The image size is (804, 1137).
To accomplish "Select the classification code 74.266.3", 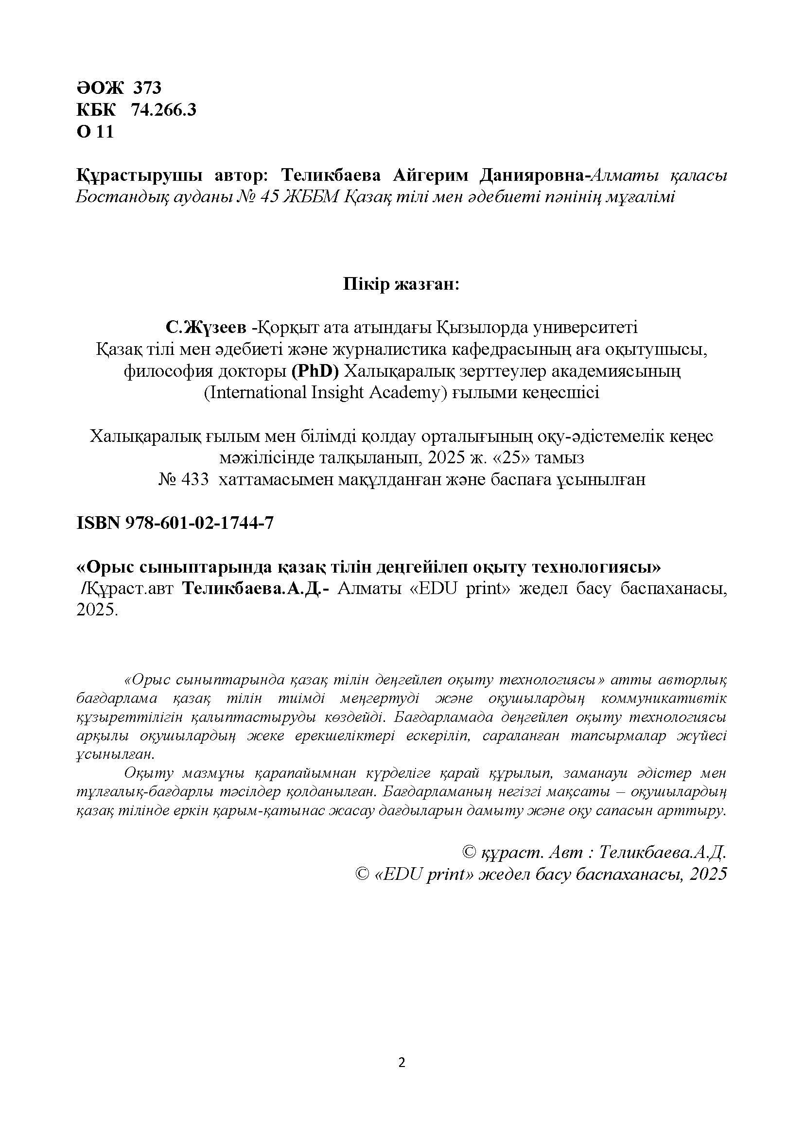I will click(x=163, y=109).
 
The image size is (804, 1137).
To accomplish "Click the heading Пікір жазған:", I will click(x=402, y=285).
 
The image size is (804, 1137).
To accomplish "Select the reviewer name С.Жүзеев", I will click(x=206, y=327).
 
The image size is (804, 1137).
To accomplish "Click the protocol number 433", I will click(x=194, y=479).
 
